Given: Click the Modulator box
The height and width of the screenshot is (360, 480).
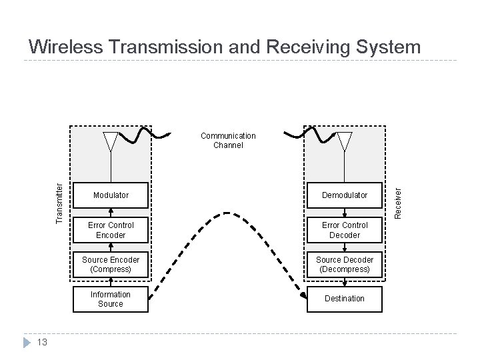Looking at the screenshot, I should (x=111, y=195).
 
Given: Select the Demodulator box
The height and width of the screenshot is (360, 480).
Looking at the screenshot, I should (x=344, y=195).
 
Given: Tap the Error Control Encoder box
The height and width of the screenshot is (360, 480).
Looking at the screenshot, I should (x=111, y=230).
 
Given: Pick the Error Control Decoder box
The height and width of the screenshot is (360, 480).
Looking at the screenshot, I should (x=344, y=230).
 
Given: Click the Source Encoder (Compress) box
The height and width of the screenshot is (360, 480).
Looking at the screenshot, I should (x=111, y=265).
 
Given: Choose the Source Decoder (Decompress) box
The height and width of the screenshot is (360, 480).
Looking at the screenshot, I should (x=344, y=265).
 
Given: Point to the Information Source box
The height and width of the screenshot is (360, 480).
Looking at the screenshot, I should (x=111, y=299).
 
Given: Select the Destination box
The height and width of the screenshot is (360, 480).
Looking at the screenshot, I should (x=344, y=299).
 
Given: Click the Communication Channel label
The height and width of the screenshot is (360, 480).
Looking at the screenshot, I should (x=228, y=140).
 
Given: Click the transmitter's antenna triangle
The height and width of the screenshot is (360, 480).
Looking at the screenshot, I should (x=111, y=141).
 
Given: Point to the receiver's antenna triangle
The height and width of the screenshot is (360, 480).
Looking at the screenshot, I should (x=344, y=141).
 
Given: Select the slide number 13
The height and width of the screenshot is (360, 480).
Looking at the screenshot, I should (x=41, y=343).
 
